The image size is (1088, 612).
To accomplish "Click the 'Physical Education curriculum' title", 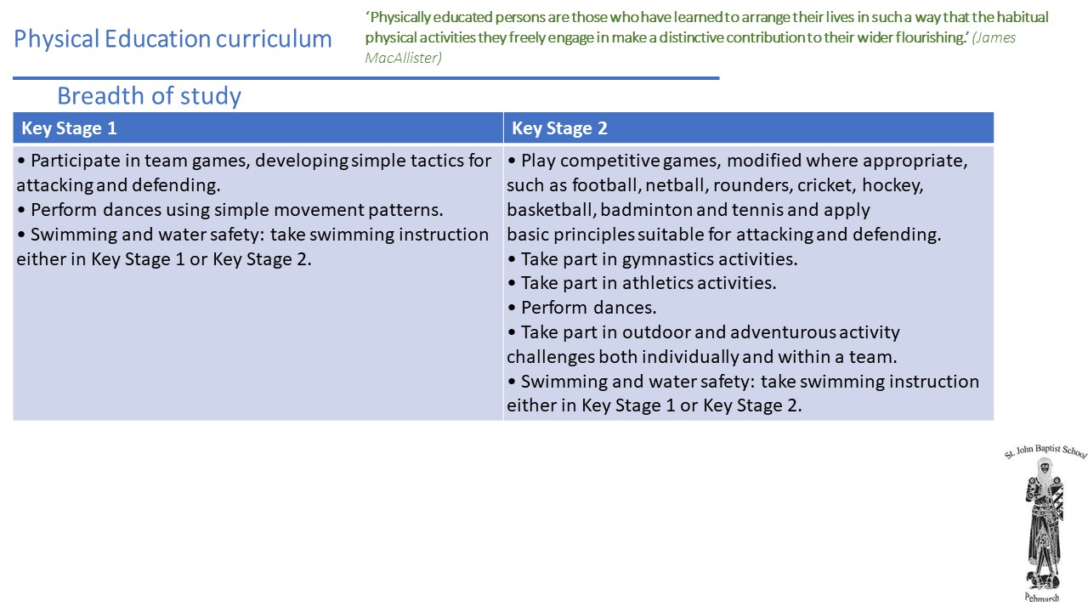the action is click(173, 39).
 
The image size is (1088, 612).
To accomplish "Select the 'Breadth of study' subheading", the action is click(149, 96).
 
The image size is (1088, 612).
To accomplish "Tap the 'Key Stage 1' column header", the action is click(69, 128).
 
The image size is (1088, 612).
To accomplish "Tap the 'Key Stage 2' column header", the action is click(559, 128).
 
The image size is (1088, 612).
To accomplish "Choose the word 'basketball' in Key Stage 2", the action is click(551, 210).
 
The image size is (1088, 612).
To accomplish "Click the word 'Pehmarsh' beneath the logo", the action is click(1041, 598).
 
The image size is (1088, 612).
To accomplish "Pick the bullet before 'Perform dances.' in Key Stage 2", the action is click(512, 309).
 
